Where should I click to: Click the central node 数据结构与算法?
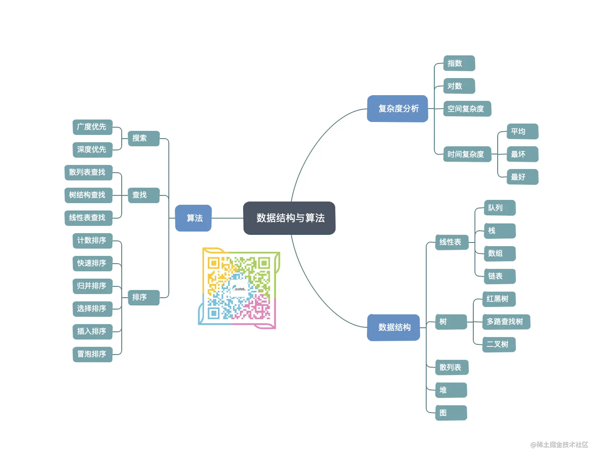tap(289, 218)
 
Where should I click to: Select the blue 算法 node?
tap(193, 218)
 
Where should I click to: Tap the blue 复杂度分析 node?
tap(397, 109)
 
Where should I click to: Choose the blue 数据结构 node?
tap(393, 327)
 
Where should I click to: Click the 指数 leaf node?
tap(459, 63)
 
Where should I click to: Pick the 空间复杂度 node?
tap(467, 109)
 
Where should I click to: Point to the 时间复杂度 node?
tap(467, 154)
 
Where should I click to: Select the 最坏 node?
tap(522, 154)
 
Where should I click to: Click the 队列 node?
tap(500, 208)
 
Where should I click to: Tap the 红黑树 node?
tap(499, 299)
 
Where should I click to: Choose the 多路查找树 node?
tap(506, 322)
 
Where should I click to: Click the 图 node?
tap(451, 413)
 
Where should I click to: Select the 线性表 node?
tap(452, 242)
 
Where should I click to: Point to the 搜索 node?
tap(144, 138)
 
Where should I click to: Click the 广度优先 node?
tap(93, 127)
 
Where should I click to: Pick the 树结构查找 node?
tap(89, 195)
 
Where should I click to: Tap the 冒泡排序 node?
tap(93, 354)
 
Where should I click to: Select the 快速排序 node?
tap(93, 264)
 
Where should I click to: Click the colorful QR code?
tap(239, 288)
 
